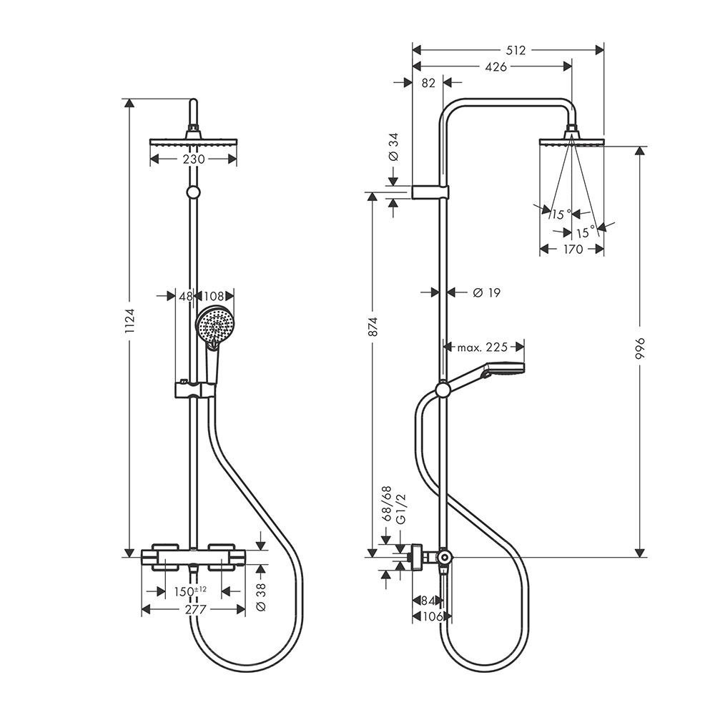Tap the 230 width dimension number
(193, 159)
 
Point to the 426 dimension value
(495, 66)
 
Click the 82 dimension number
(428, 83)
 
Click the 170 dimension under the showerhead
(572, 249)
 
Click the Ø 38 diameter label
(260, 595)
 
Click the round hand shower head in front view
(215, 325)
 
